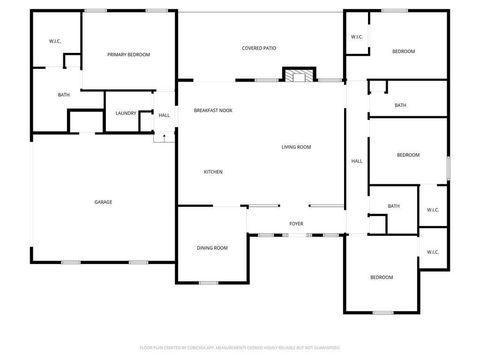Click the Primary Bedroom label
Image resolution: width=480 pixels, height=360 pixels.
(129, 54)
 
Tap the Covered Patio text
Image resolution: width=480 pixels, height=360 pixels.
(259, 48)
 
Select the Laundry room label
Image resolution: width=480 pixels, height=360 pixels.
(125, 113)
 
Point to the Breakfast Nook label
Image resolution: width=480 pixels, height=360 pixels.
(213, 110)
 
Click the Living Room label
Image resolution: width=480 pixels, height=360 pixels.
(296, 147)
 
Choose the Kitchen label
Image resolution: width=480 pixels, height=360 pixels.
(213, 172)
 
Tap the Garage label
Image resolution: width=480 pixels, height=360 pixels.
(103, 202)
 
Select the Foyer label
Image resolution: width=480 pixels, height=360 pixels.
(296, 223)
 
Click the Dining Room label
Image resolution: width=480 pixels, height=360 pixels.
(212, 248)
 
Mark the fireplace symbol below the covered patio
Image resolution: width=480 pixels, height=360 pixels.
(296, 76)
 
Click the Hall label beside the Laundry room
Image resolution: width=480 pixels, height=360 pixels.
(164, 115)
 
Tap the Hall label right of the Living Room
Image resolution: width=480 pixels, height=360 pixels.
(357, 161)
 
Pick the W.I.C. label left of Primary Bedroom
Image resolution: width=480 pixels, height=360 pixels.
(55, 41)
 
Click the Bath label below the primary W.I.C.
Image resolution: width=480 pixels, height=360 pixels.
(63, 95)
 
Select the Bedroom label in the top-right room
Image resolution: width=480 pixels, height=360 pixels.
(403, 50)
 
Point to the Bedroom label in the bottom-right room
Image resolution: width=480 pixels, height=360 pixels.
(382, 277)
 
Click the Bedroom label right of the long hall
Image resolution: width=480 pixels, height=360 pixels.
(408, 155)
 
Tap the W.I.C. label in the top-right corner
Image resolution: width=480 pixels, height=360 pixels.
(356, 37)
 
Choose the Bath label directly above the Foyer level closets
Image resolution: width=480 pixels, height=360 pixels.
(393, 206)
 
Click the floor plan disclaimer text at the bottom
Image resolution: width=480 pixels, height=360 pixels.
(240, 348)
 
